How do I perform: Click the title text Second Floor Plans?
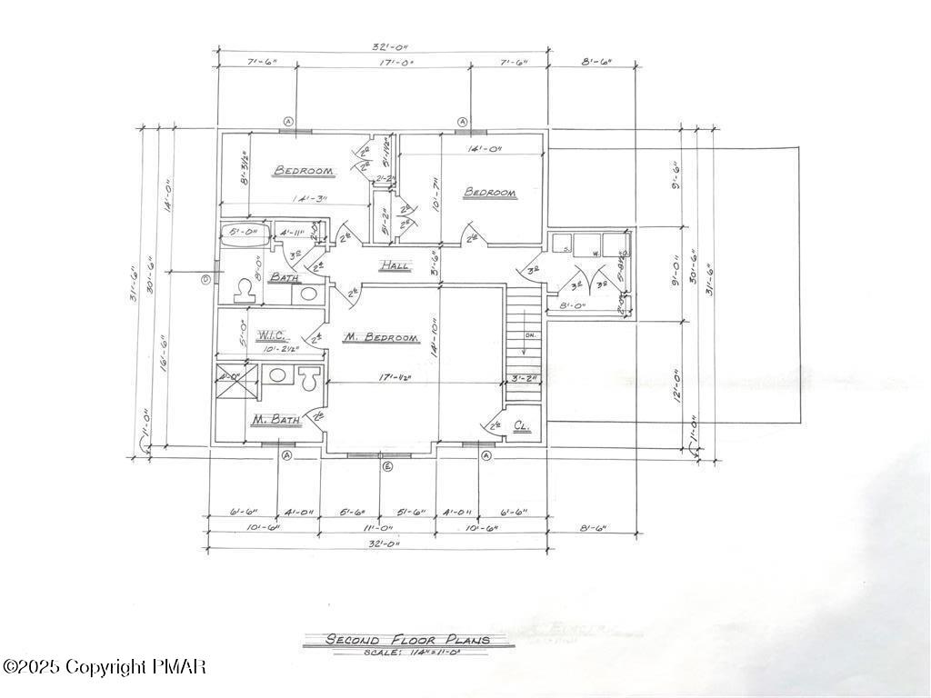(408, 640)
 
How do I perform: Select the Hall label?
(395, 265)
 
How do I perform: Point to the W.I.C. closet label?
(273, 335)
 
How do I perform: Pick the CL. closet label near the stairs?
(522, 425)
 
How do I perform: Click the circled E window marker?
(386, 466)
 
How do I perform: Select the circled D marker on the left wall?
(205, 279)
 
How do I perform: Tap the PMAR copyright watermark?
(104, 667)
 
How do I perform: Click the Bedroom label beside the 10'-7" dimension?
(490, 193)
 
